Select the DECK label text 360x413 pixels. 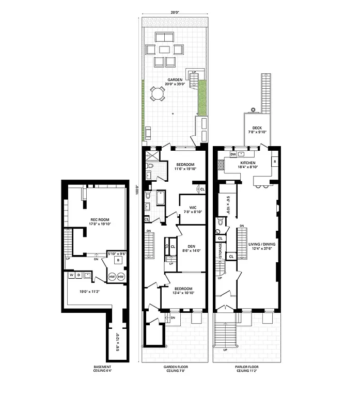257,128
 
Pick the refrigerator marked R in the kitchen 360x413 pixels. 274,162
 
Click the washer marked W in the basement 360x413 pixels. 71,275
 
